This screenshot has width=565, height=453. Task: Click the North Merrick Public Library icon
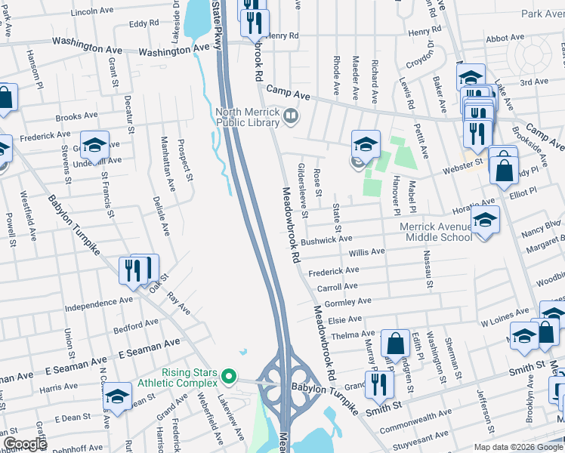point(292,116)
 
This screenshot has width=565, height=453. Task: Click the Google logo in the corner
point(25,444)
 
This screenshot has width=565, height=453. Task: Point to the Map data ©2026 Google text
point(517,447)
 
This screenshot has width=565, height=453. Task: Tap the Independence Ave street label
point(98,307)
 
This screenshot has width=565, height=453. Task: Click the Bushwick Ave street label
point(326,240)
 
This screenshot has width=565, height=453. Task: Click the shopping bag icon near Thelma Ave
point(395,343)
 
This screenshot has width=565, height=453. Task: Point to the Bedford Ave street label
point(135,325)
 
